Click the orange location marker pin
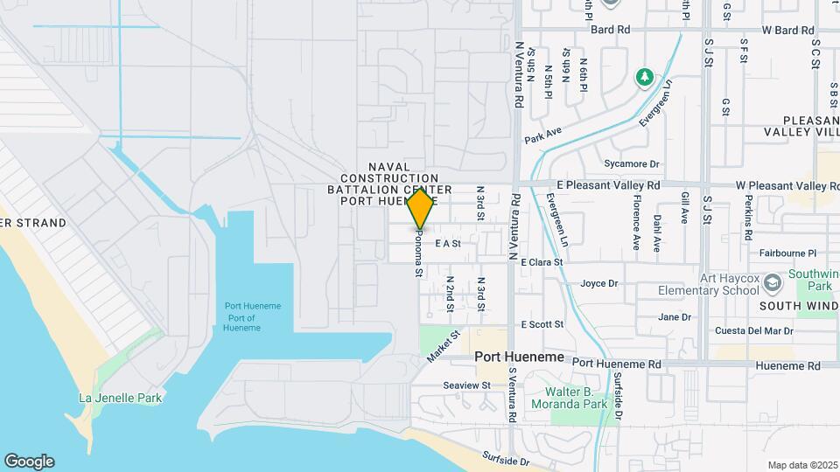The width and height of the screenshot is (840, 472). pos(421,208)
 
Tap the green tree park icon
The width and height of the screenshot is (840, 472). pos(645,78)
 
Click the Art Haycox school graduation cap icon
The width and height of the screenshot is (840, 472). pos(772,283)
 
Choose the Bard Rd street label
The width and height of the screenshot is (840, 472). pos(610,30)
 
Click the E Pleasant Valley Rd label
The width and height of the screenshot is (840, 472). pos(609,185)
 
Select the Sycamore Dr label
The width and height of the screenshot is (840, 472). pos(631,163)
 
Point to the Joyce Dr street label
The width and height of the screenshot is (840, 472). pos(599,283)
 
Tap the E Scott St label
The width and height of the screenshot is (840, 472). pos(542,324)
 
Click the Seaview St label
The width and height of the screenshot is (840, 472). pos(467,385)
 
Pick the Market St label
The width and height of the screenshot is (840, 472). pos(444,347)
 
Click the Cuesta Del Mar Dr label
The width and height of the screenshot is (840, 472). pos(753,331)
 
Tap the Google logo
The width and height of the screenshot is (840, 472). pos(29,461)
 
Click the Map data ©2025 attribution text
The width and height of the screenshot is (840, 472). pos(802,465)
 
